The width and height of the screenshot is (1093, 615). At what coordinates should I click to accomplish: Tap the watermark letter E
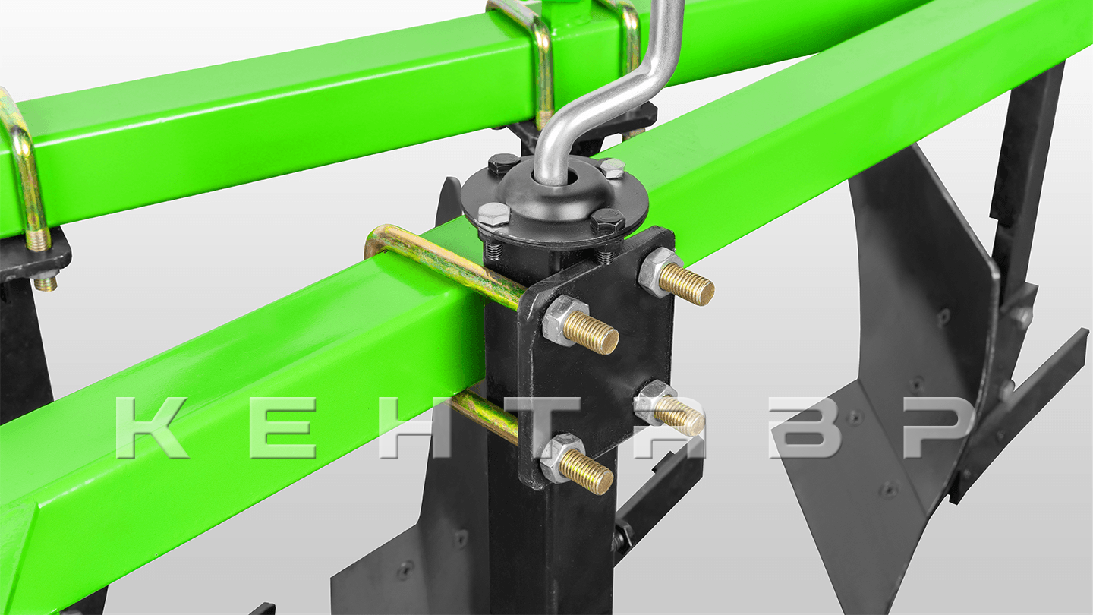(283, 427)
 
